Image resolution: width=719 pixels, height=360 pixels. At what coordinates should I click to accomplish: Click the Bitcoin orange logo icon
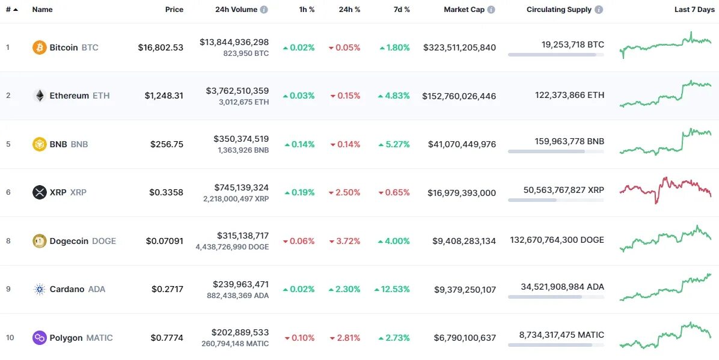pos(39,47)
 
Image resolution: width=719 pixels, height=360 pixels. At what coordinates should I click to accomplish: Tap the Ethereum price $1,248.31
pos(164,96)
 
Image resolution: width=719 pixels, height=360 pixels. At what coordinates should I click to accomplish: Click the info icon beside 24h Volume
pos(264,10)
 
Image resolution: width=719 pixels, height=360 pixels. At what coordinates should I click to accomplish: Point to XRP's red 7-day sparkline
pos(665,189)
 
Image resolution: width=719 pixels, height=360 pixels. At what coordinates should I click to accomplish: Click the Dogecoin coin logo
pos(39,241)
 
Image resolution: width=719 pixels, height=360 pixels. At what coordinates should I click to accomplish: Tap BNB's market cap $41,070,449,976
pos(462,144)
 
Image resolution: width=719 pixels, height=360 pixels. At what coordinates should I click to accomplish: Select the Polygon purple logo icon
pos(39,338)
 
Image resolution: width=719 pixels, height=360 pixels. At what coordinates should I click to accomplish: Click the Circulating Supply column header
pos(558,10)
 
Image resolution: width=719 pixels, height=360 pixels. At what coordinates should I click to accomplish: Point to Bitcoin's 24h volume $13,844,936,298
pos(234,42)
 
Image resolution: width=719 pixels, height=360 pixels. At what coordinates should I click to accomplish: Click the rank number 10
pos(10,338)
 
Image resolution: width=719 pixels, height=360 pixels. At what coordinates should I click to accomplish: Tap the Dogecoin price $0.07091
pos(164,241)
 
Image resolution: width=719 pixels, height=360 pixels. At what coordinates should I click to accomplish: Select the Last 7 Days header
pos(694,10)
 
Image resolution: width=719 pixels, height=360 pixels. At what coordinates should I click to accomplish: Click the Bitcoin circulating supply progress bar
pos(555,55)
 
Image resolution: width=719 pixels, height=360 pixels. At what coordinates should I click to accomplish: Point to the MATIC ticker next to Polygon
pos(99,338)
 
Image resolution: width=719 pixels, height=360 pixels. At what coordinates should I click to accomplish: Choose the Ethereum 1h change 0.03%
pos(299,96)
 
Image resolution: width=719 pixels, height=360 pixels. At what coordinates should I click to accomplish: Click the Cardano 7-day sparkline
pos(665,287)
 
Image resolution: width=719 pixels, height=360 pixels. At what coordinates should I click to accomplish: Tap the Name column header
pos(42,10)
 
